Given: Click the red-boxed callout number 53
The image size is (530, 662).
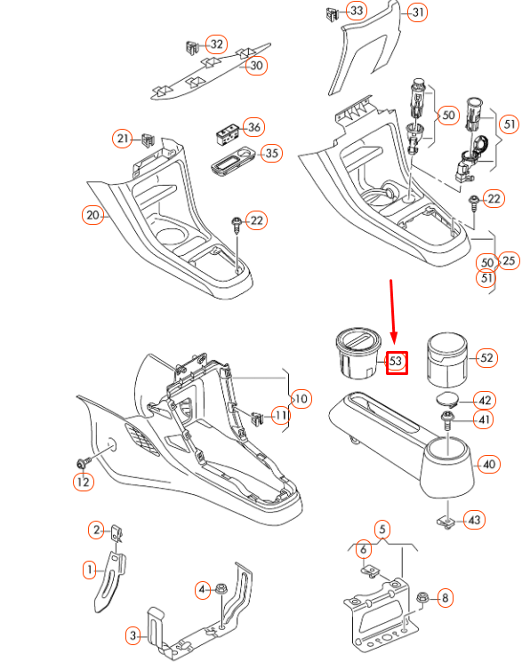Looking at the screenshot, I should coord(396,361).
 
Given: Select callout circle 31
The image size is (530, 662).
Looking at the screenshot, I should coord(416,12).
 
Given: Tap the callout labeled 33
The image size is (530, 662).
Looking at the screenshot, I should coord(357,11).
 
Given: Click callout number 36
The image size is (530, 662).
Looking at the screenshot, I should coord(253,127).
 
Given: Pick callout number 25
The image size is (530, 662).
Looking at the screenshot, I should coord(510,259).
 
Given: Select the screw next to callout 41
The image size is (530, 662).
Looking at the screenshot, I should coord(449,419).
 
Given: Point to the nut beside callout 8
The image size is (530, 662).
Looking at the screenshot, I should coord(423,598).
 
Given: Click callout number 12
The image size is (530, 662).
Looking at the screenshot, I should coord(82,482).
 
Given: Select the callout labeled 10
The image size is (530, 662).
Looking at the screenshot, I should coord(301,399).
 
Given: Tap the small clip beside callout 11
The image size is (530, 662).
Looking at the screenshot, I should coord(258,415).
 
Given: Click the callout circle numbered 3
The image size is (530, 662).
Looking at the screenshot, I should coord(132,635).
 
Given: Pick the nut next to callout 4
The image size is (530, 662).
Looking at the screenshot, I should coord(221,589).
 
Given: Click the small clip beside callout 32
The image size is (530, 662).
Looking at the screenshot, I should coord(189,44).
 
